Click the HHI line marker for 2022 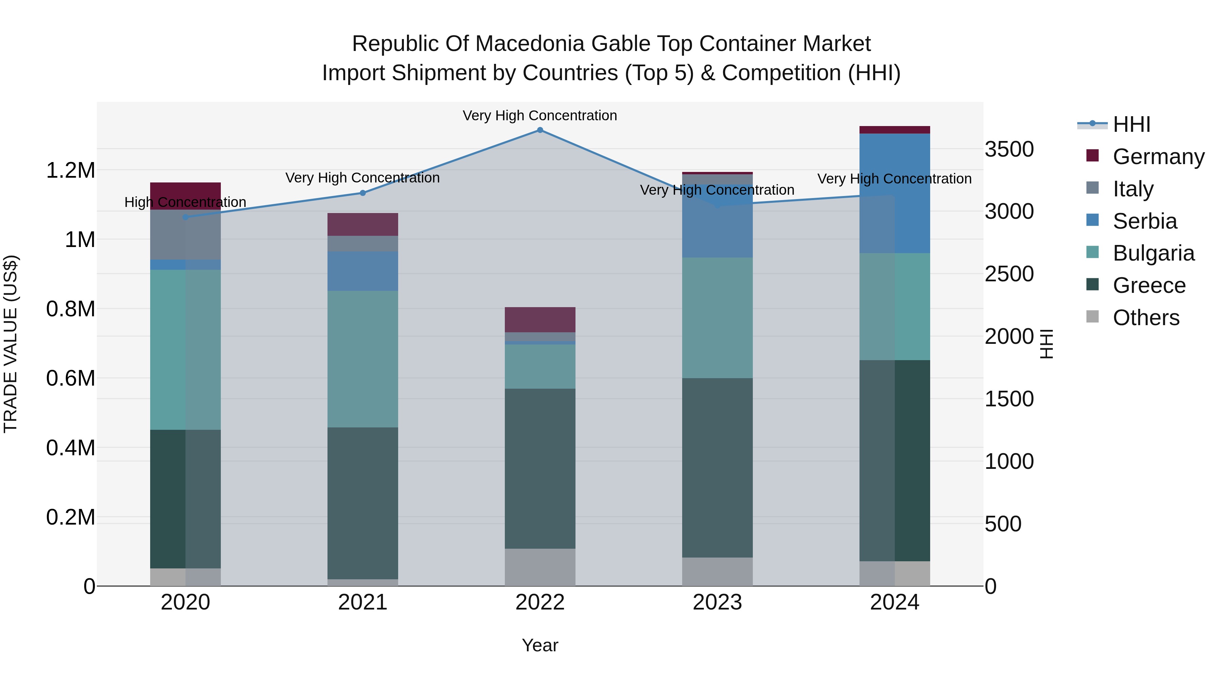point(540,130)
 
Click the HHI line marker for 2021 point(363,193)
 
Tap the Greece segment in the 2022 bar point(540,468)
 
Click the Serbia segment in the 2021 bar point(363,271)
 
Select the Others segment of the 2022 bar point(540,567)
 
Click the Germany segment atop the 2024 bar point(894,130)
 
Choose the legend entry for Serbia point(1144,221)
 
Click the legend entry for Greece point(1149,285)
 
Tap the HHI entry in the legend point(1131,124)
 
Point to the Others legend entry point(1145,318)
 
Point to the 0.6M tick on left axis point(70,378)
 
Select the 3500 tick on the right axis point(1009,149)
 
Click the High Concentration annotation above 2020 point(185,202)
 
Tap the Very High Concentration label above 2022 point(540,116)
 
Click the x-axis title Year point(540,645)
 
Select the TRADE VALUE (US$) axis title point(11,344)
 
